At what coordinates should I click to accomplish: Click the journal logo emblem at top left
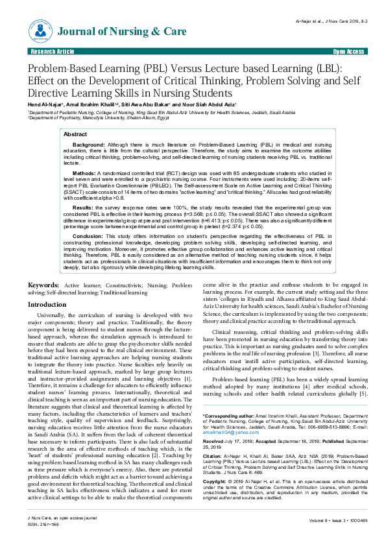[41, 29]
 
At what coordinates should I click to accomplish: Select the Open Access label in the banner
[348, 51]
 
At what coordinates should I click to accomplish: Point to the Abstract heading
[75, 132]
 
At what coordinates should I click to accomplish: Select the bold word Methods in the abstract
[84, 174]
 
